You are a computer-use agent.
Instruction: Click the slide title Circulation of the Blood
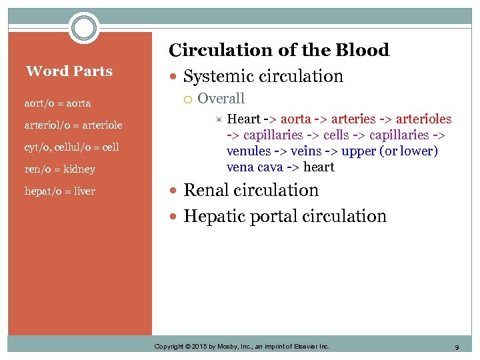click(279, 50)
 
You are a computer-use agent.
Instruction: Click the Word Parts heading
click(69, 71)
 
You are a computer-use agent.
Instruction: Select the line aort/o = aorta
click(58, 103)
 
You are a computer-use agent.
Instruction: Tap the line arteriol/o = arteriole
click(73, 125)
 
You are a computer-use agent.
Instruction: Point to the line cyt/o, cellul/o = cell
click(72, 147)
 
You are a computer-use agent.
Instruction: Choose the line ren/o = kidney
click(60, 169)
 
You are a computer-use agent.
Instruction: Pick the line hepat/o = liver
click(60, 191)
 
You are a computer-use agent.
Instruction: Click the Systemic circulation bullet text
click(263, 77)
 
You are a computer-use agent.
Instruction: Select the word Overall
click(221, 99)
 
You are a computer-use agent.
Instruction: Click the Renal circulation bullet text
click(251, 190)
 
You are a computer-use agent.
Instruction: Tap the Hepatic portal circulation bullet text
click(285, 216)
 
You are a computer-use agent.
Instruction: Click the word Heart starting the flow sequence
click(243, 119)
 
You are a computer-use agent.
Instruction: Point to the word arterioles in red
click(423, 119)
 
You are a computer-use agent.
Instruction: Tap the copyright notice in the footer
click(242, 347)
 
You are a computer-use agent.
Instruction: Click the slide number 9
click(457, 347)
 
